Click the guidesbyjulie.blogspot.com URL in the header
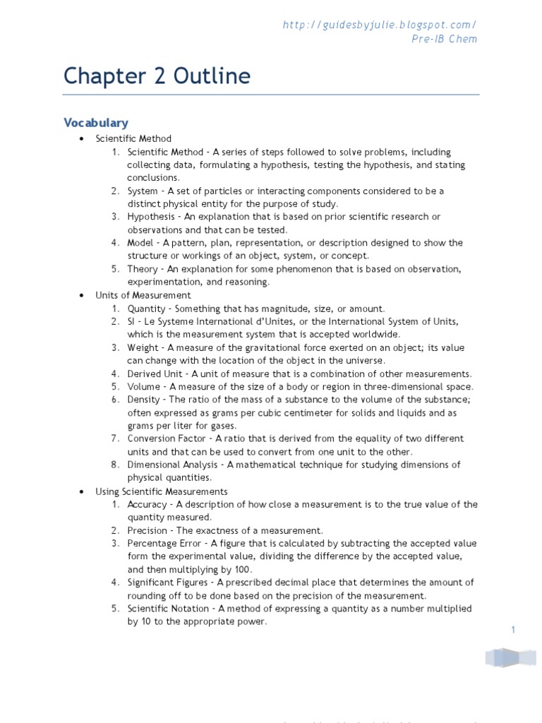[x=380, y=25]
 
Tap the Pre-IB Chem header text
[x=444, y=39]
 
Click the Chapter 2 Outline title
[x=157, y=76]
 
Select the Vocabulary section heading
[x=96, y=123]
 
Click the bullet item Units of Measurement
[x=143, y=295]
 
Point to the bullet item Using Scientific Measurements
[x=162, y=491]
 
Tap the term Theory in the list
[x=143, y=269]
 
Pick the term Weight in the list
[x=144, y=347]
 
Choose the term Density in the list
[x=145, y=400]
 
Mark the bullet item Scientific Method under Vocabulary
[x=133, y=138]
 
